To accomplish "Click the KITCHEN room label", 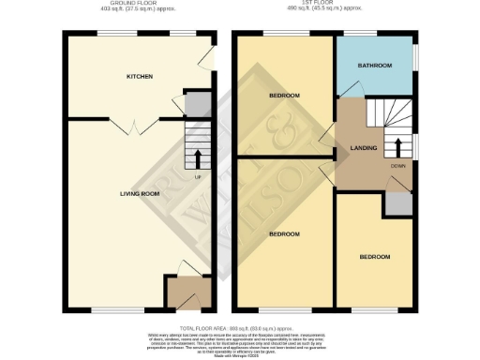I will pos(140,76).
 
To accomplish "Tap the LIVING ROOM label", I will pos(140,194).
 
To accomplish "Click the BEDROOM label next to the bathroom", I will pos(284,96).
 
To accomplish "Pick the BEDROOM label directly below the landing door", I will pos(284,232).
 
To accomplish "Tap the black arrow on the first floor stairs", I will pos(397,145).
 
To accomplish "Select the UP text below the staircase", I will pos(198,176).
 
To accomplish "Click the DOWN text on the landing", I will pos(397,165).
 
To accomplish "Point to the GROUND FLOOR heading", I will pos(139,5).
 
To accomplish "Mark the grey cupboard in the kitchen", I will pos(198,104).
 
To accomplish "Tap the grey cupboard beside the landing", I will pos(398,204).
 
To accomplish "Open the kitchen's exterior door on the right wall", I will pos(213,61).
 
